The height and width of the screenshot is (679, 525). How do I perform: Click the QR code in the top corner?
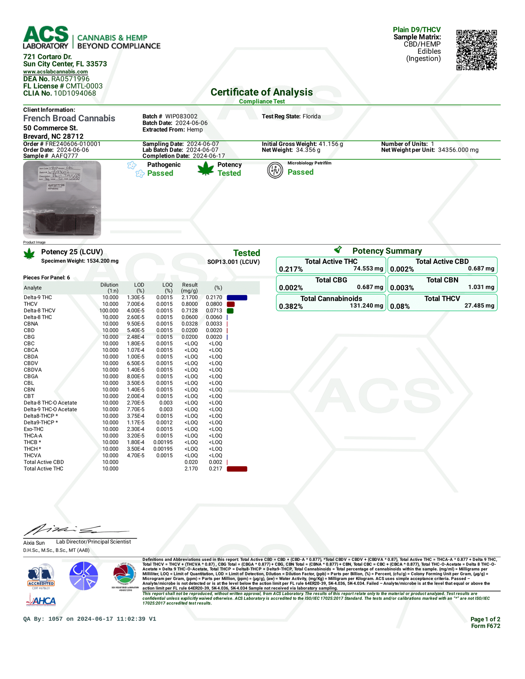point(476,50)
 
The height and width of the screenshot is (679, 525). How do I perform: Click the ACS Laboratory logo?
point(46,37)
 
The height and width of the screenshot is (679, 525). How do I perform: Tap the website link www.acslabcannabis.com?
point(55,72)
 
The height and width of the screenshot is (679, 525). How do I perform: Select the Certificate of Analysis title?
point(262,92)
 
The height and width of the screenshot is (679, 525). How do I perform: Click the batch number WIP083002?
point(181,116)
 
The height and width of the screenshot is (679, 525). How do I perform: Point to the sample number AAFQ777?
point(64,156)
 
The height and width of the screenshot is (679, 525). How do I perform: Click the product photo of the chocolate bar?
point(62,199)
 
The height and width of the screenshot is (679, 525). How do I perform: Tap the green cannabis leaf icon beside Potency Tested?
point(206,169)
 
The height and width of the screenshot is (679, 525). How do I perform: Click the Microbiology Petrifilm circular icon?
point(275,170)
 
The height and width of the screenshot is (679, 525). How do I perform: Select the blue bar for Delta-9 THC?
point(237,298)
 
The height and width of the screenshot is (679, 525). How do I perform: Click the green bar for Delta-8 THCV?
point(230,311)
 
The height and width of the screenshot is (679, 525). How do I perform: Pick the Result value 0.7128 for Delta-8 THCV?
point(190,311)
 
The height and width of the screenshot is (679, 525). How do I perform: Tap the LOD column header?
point(139,285)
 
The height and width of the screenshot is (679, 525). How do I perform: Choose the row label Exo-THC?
point(34,429)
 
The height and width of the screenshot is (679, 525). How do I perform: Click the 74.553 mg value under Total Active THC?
point(368,269)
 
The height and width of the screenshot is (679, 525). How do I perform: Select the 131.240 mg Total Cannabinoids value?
point(366,306)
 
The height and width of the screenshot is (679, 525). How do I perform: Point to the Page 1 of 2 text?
point(485,619)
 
